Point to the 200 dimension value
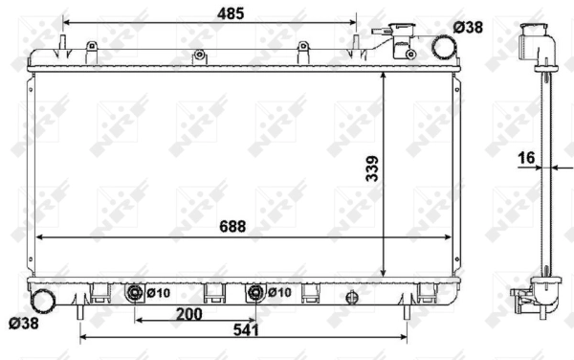(190, 312)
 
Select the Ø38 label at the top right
(468, 28)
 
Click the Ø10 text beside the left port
(159, 292)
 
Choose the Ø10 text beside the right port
(279, 292)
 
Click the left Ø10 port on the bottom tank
(136, 292)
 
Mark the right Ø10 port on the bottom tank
(255, 292)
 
